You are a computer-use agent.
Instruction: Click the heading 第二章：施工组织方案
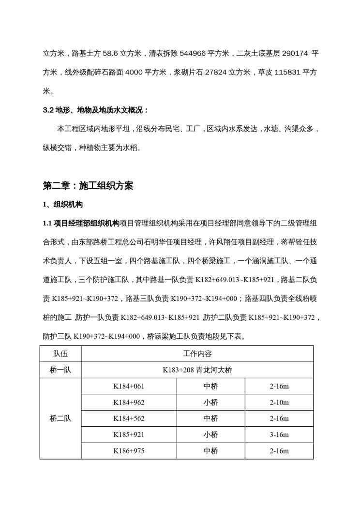88,186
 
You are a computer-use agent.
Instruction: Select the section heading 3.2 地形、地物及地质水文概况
96,110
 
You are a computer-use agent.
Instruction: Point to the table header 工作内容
198,354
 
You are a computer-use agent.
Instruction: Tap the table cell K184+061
129,386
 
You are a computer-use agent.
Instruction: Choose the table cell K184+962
129,402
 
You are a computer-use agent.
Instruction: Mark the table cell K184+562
129,419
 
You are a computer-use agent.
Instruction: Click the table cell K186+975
129,450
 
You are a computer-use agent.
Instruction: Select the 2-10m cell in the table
280,402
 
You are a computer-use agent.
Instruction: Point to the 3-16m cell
280,434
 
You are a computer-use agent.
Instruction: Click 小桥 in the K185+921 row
210,434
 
